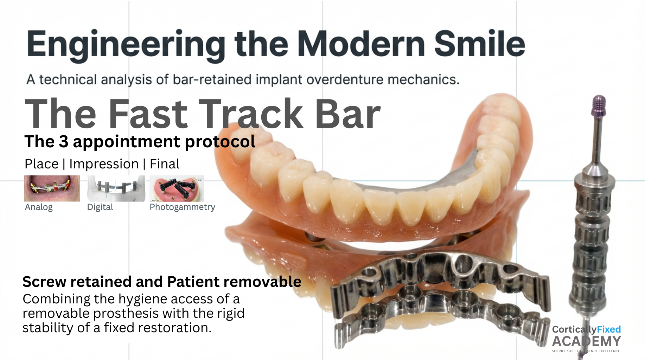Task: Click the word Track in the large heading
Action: click(x=251, y=114)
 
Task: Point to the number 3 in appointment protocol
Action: click(x=63, y=142)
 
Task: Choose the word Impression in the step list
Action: click(x=104, y=164)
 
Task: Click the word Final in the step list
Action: click(x=165, y=164)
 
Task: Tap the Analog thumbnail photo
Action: click(x=52, y=188)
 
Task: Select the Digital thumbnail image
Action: click(x=116, y=188)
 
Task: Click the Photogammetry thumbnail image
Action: click(x=177, y=188)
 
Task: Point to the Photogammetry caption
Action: click(x=182, y=207)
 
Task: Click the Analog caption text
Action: click(x=39, y=207)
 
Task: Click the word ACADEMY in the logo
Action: click(x=586, y=341)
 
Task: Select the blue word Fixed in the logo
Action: click(x=609, y=329)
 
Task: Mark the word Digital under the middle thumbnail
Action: click(x=100, y=207)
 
